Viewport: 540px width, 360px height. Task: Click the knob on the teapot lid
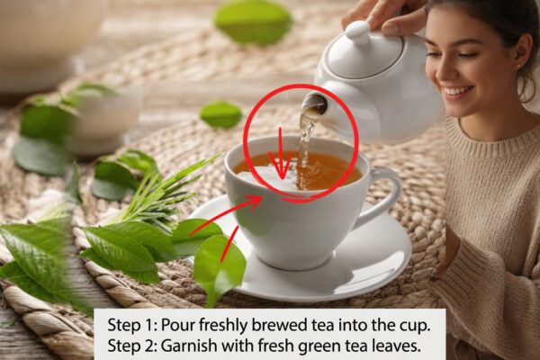tap(357, 32)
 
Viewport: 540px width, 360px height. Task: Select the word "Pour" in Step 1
tap(176, 326)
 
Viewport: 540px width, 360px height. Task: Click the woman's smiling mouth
tap(458, 92)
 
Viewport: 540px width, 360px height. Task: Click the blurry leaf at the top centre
tap(253, 22)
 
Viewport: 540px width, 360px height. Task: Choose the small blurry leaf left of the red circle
tap(221, 114)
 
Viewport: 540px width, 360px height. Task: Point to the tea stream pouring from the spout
tap(304, 145)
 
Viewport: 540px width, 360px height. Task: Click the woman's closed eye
tap(465, 54)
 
